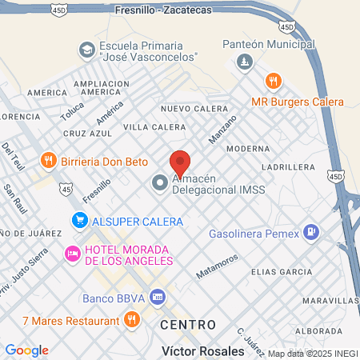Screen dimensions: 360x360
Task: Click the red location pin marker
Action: pyautogui.click(x=180, y=162)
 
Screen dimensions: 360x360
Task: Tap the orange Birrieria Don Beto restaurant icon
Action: pyautogui.click(x=49, y=161)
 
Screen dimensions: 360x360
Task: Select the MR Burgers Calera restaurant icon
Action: pyautogui.click(x=274, y=81)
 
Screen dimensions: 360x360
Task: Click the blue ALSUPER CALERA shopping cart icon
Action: pyautogui.click(x=79, y=221)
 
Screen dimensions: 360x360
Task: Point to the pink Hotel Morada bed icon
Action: pyautogui.click(x=72, y=254)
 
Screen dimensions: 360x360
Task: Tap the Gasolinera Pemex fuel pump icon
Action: pyautogui.click(x=311, y=234)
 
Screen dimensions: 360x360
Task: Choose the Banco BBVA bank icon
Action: pyautogui.click(x=158, y=298)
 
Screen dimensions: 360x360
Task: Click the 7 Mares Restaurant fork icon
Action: pyautogui.click(x=132, y=320)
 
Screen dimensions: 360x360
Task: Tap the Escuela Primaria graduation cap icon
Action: pyautogui.click(x=86, y=50)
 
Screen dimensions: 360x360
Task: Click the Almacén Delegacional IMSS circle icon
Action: pyautogui.click(x=160, y=183)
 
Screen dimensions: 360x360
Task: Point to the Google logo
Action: pyautogui.click(x=26, y=350)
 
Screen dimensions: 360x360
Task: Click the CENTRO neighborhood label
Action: pyautogui.click(x=188, y=325)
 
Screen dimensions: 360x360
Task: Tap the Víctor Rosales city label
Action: pyautogui.click(x=203, y=351)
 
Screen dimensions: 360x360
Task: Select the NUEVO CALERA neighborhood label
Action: pyautogui.click(x=190, y=109)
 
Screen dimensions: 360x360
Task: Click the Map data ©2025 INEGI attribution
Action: pyautogui.click(x=312, y=354)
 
